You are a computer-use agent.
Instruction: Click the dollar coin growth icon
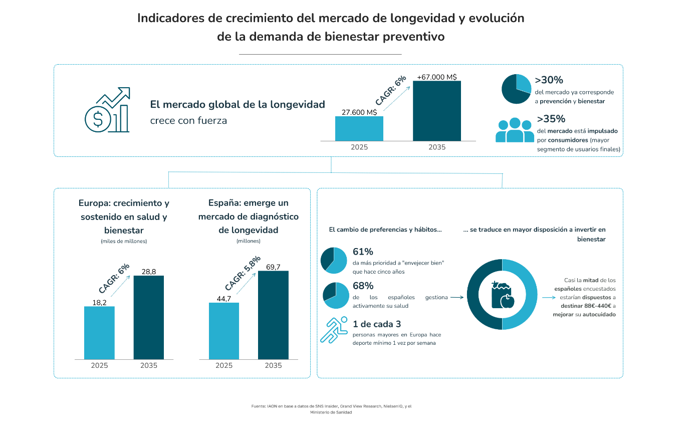click(x=107, y=110)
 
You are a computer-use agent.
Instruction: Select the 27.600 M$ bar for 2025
click(x=359, y=129)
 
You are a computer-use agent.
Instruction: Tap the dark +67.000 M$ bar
click(x=437, y=111)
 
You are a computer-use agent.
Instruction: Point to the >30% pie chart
click(x=516, y=89)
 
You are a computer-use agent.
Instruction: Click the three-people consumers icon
click(x=515, y=130)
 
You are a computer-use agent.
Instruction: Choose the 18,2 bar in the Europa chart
click(x=99, y=333)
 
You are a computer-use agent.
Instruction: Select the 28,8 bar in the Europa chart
click(x=148, y=317)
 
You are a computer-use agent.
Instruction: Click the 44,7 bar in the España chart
click(x=224, y=331)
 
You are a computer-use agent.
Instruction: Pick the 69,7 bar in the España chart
click(x=273, y=315)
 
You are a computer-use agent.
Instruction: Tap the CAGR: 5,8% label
click(x=243, y=273)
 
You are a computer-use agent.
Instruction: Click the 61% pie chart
click(x=334, y=260)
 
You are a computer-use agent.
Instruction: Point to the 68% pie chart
click(x=336, y=295)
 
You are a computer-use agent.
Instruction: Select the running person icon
click(x=334, y=330)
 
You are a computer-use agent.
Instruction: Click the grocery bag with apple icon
click(x=503, y=295)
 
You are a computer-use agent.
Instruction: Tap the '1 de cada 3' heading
click(x=377, y=324)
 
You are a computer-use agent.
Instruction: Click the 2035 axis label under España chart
click(x=273, y=365)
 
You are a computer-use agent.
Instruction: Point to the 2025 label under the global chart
click(x=359, y=147)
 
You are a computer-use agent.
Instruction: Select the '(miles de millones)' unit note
click(x=124, y=241)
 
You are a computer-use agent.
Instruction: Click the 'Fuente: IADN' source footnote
click(x=331, y=409)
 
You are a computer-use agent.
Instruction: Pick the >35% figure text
click(x=551, y=119)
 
